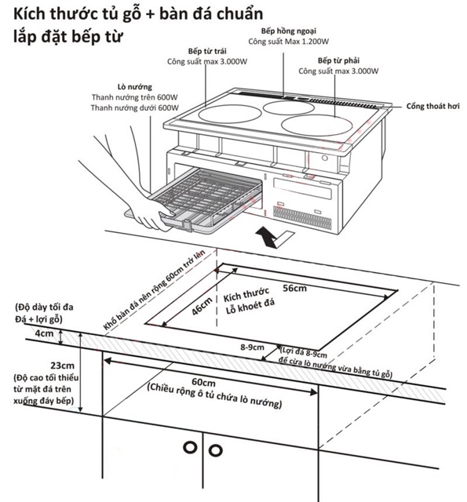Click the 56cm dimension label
pos(295,288)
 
